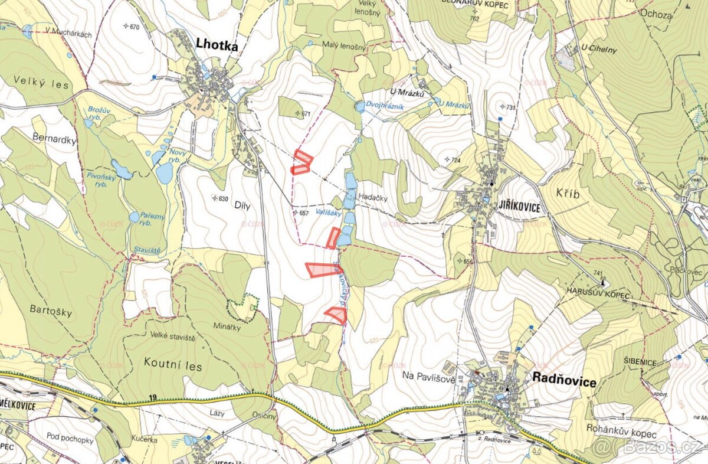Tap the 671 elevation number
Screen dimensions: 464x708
tap(306, 114)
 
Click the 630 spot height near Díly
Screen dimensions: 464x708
tap(222, 199)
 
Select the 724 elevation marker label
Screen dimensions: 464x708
tap(454, 161)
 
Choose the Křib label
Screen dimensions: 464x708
tap(569, 194)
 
